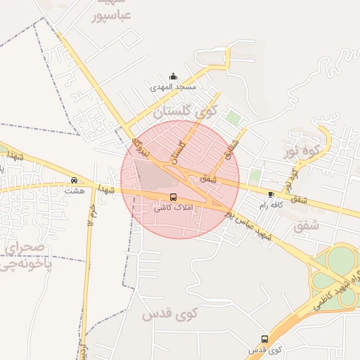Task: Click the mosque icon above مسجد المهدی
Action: [x=174, y=77]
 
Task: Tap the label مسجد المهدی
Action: [x=173, y=88]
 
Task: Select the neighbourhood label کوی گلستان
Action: [x=186, y=110]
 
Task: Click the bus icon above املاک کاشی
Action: [x=173, y=197]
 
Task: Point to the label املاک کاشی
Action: [x=172, y=208]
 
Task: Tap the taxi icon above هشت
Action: [x=75, y=179]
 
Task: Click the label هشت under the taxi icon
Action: [x=74, y=191]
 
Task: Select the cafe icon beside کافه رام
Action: [x=271, y=194]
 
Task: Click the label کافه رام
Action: [x=271, y=205]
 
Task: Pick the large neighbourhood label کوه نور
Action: [x=307, y=150]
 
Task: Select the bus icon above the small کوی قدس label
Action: [x=264, y=339]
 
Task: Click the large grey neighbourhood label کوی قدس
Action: [x=170, y=314]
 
